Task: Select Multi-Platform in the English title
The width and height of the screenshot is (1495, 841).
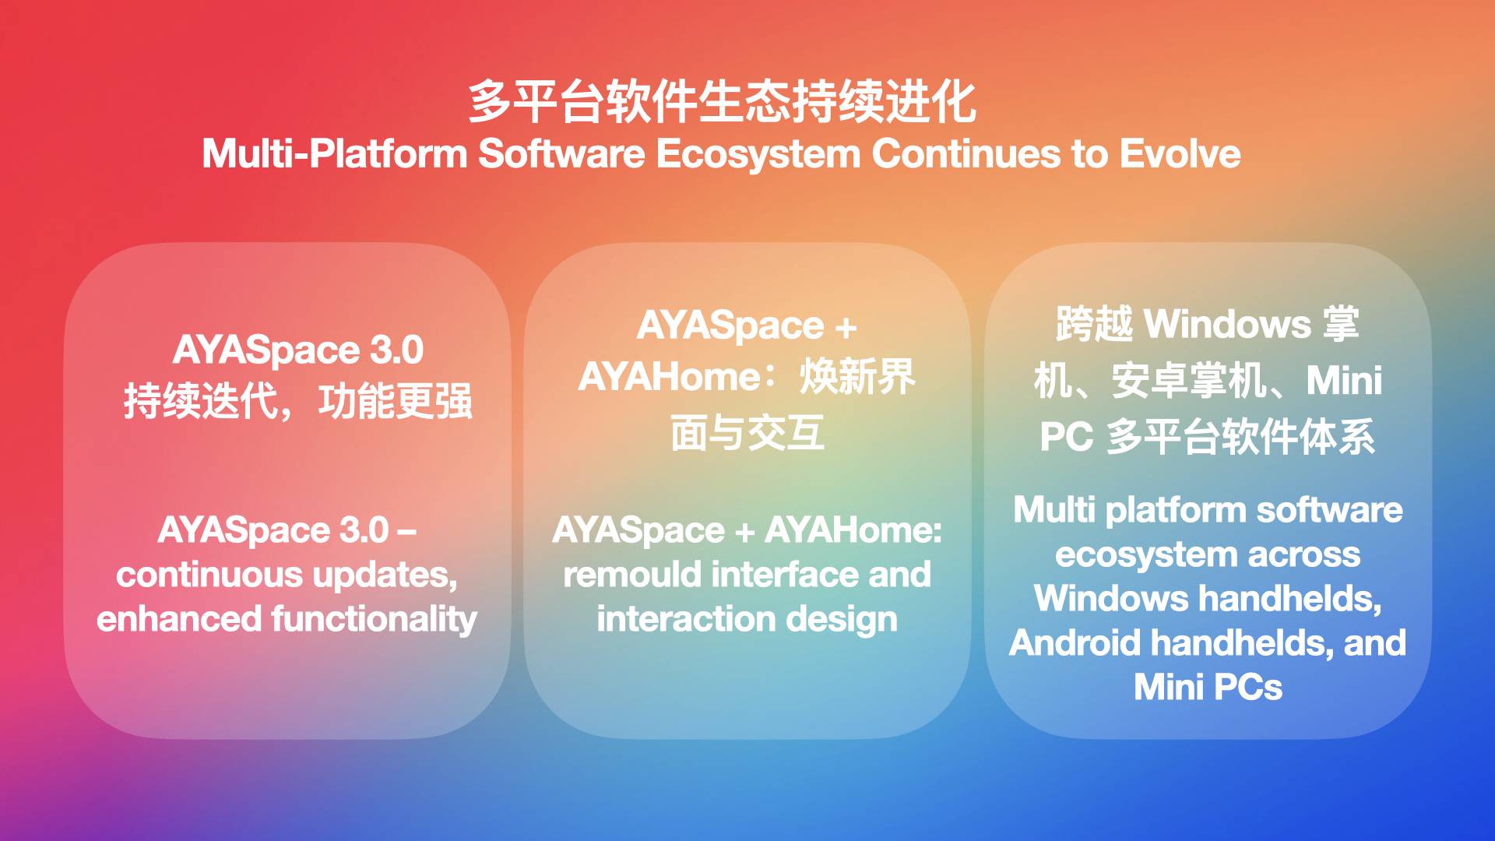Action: [x=335, y=154]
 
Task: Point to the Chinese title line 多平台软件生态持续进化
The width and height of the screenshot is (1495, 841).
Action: [x=722, y=101]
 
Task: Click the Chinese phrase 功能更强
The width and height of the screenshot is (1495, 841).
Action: [x=396, y=402]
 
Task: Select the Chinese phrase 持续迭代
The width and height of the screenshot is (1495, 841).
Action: [x=201, y=402]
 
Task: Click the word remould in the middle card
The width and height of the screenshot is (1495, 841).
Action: [x=632, y=575]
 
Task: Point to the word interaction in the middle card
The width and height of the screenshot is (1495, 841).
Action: [x=686, y=620]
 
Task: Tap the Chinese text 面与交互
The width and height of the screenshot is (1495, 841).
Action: [x=747, y=433]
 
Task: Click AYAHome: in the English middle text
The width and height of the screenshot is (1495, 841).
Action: [x=853, y=530]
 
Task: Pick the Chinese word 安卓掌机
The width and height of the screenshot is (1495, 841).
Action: [x=1189, y=381]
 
